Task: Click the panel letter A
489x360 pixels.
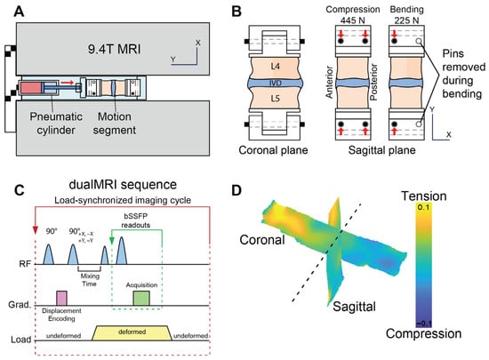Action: pos(19,12)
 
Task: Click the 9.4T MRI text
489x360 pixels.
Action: pos(114,49)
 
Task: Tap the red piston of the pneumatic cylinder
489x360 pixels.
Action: pos(30,88)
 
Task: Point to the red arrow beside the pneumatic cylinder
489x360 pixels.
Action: pos(68,83)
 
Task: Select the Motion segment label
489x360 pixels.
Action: pos(115,124)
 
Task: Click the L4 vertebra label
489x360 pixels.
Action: pos(275,66)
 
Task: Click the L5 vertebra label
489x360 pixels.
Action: pos(275,99)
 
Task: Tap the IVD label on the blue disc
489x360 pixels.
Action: pos(275,83)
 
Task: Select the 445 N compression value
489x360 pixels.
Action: pos(352,20)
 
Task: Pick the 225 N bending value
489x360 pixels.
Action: pos(406,20)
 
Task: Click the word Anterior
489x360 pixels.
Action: pos(330,82)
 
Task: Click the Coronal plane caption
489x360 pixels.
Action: pos(273,150)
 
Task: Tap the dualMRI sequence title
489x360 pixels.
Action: pos(123,185)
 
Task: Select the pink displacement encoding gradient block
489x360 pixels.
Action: pos(61,299)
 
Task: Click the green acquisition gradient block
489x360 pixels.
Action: pos(141,299)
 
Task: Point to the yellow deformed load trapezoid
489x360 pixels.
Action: pos(132,333)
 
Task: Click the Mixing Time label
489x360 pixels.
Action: pos(90,280)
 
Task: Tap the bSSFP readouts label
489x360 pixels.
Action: pos(136,220)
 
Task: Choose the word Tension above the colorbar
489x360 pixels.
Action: pos(424,196)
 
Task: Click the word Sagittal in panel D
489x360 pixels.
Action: pos(354,307)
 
